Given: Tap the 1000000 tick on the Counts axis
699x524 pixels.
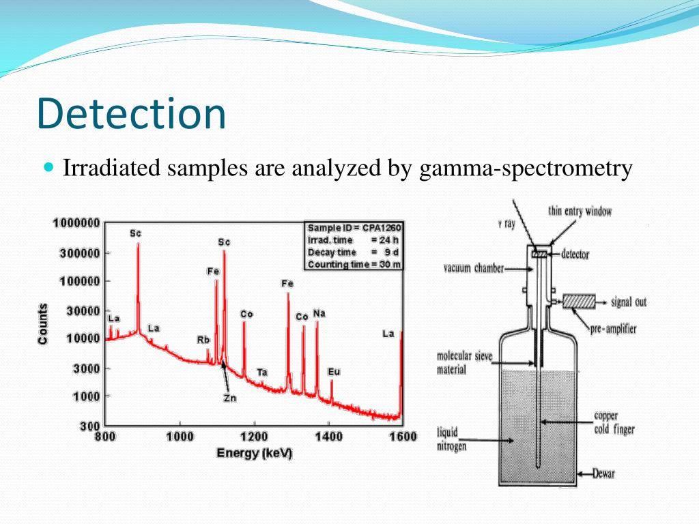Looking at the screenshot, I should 76,223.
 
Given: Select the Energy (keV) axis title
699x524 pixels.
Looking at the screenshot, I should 254,453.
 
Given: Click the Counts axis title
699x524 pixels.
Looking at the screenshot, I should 43,323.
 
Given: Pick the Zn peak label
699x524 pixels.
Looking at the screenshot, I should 229,398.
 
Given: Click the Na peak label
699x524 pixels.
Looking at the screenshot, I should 319,313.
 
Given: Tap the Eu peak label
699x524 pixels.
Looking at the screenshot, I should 334,372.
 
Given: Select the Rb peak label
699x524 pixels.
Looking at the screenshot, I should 203,339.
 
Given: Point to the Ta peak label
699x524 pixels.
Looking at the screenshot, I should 262,372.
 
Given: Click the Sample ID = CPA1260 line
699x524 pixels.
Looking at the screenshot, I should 353,227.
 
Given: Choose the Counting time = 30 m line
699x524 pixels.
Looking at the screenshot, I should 353,264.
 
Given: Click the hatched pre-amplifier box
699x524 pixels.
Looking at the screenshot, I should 578,301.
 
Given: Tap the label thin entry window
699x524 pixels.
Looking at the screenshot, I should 580,212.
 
